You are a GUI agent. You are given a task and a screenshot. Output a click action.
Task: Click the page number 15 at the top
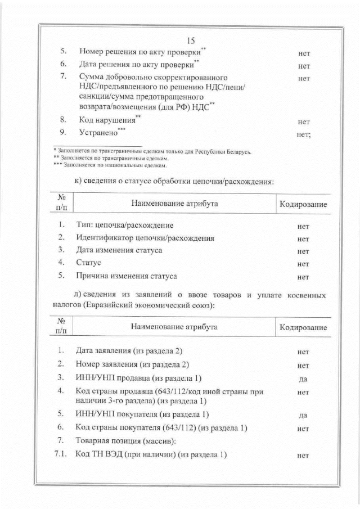click(x=190, y=40)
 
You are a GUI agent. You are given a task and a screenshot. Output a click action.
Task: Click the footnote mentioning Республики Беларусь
click(x=152, y=152)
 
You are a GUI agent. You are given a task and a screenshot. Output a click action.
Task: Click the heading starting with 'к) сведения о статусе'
click(x=174, y=182)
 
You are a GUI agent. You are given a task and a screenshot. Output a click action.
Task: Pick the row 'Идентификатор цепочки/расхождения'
click(x=145, y=238)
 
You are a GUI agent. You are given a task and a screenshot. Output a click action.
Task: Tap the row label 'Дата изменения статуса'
click(x=119, y=251)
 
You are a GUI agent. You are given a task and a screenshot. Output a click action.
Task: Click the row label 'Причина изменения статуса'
click(x=126, y=276)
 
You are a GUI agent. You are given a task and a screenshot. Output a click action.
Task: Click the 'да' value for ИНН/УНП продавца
click(x=303, y=379)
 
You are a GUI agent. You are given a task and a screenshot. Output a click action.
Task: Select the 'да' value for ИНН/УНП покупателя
click(x=303, y=416)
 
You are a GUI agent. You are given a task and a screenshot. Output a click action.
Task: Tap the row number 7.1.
click(x=61, y=454)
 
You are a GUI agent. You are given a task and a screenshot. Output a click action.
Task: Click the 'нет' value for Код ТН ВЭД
click(x=303, y=456)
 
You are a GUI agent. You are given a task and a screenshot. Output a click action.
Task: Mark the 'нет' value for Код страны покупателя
click(x=303, y=429)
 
